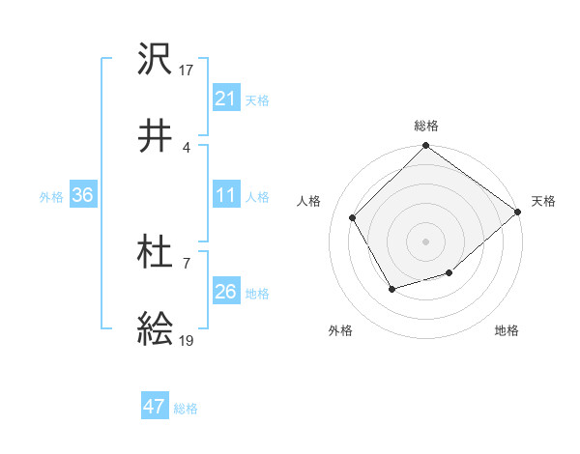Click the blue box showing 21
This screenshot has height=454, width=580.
(x=225, y=99)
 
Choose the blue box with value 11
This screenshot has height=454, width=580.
(x=225, y=195)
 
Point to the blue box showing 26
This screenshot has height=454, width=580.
(x=225, y=292)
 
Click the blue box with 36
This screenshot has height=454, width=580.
(x=83, y=195)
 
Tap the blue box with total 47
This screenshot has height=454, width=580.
(x=155, y=407)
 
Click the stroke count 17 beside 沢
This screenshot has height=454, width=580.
(x=188, y=70)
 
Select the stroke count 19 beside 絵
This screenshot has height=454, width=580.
(x=188, y=341)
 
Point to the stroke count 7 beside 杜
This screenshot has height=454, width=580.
(x=186, y=263)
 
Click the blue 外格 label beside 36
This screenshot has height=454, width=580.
(x=51, y=196)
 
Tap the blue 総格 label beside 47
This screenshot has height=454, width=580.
(x=186, y=409)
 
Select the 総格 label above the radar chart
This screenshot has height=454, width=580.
(x=426, y=126)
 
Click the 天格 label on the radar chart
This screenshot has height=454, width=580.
(x=544, y=201)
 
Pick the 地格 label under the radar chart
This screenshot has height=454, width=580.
(x=507, y=330)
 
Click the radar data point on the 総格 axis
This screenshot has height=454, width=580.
(x=425, y=147)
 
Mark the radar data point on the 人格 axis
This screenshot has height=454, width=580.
(x=353, y=217)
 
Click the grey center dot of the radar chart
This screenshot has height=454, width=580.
(x=425, y=241)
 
